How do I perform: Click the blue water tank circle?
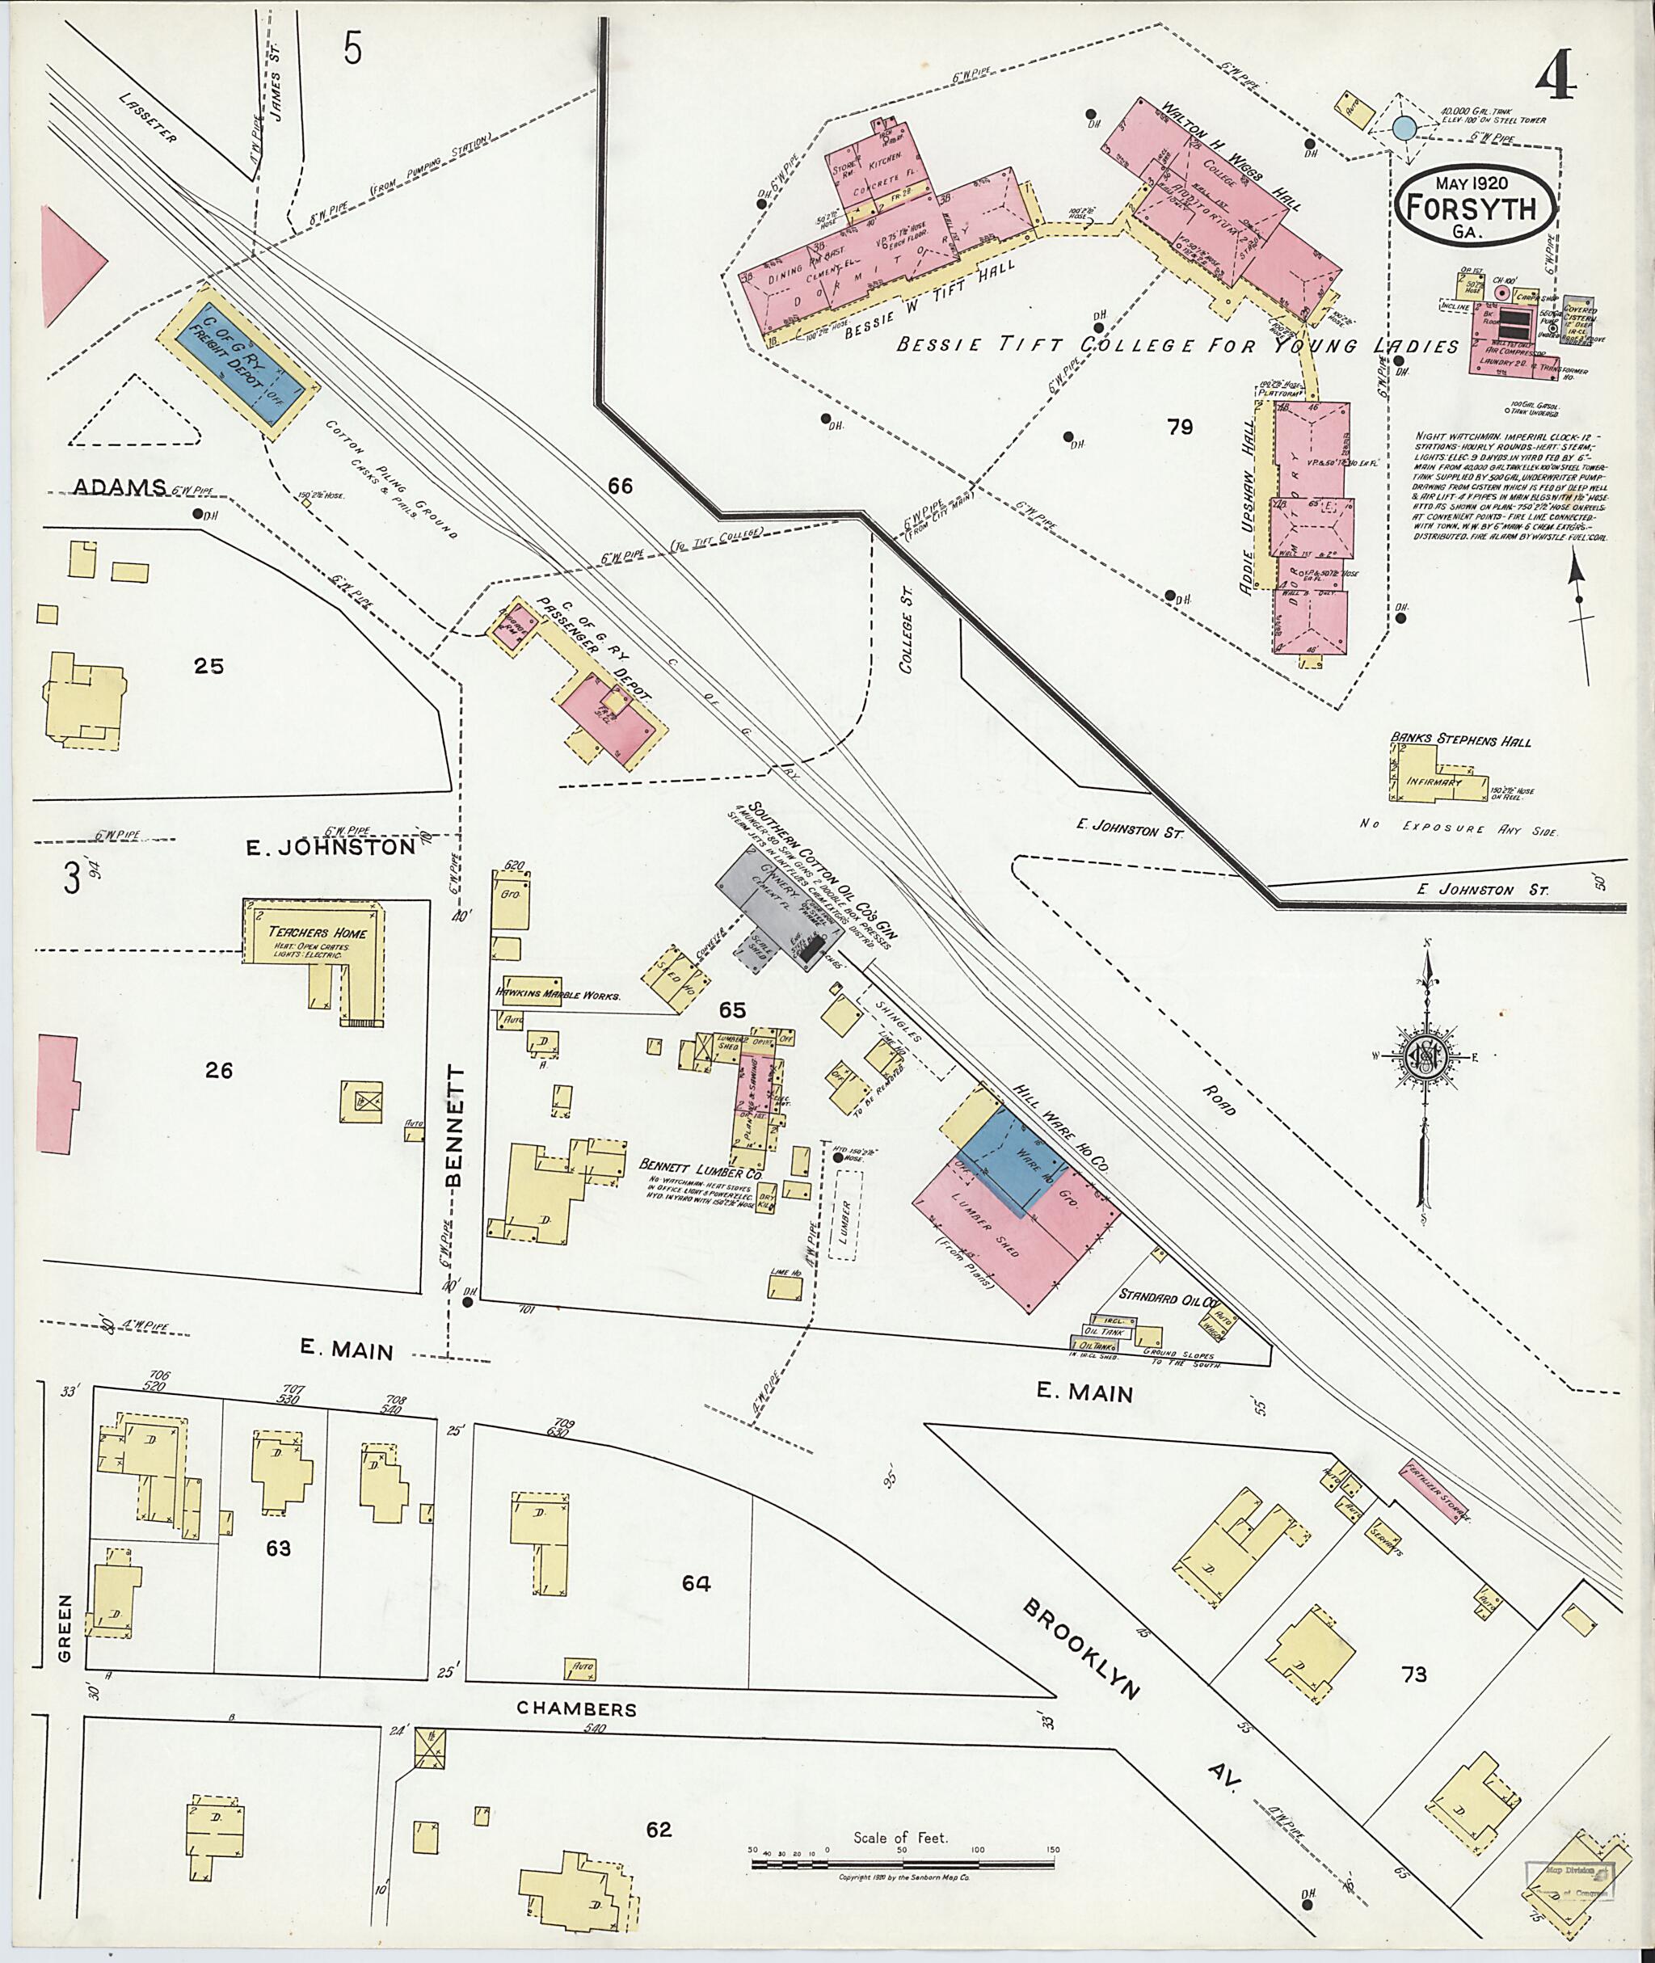[x=1404, y=128]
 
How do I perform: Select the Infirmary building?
[x=1433, y=781]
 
